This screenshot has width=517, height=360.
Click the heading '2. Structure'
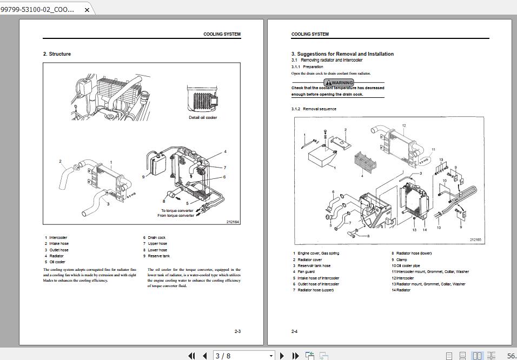[57, 54]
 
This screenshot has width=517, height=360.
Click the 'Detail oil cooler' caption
[203, 117]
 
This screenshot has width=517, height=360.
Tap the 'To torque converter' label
[177, 210]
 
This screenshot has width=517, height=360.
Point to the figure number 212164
[233, 222]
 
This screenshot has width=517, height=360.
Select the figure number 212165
[475, 239]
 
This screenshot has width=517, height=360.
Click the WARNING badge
[339, 83]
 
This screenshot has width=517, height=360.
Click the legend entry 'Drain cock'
[157, 238]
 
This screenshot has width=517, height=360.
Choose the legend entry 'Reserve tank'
[159, 256]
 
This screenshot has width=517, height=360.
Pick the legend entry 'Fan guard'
[306, 272]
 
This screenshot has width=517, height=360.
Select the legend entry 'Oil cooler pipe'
[408, 266]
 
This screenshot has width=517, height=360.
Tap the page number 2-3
[237, 331]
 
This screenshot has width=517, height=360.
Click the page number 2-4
[295, 331]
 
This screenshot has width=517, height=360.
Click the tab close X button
[87, 10]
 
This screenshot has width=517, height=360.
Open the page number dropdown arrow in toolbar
[271, 356]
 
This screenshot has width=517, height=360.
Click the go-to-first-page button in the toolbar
[191, 356]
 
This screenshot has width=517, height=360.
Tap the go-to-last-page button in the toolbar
[295, 356]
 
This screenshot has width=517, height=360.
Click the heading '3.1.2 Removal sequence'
[314, 109]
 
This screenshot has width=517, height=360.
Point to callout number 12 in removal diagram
[404, 126]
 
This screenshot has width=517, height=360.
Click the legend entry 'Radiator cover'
[310, 259]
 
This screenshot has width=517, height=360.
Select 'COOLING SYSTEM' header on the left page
[222, 34]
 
